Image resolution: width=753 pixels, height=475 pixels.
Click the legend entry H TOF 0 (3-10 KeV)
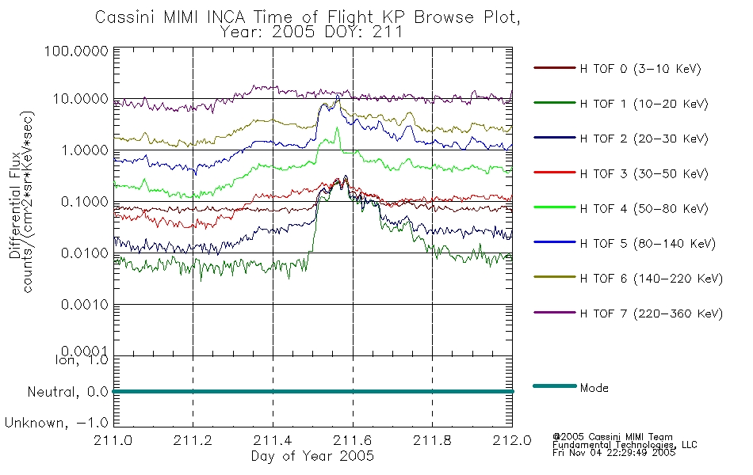click(640, 69)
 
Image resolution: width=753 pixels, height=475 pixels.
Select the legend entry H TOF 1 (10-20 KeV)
click(644, 104)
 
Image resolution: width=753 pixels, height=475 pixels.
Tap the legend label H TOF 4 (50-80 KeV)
click(644, 209)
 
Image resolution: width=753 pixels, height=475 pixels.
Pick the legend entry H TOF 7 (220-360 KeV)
click(652, 313)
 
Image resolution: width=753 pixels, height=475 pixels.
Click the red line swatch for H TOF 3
click(555, 173)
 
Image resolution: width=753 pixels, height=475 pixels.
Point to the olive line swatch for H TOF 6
click(555, 277)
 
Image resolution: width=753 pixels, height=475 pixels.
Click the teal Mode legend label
click(594, 388)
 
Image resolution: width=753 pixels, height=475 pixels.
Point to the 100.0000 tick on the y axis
click(76, 51)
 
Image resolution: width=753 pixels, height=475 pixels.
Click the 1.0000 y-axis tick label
click(85, 150)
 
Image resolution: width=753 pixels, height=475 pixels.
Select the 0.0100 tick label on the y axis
click(85, 253)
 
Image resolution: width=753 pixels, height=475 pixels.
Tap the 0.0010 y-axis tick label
click(85, 305)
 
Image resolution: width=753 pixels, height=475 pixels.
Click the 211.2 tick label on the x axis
click(193, 440)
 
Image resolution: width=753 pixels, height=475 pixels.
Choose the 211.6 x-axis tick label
click(353, 440)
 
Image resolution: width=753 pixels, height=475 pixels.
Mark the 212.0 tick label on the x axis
click(512, 440)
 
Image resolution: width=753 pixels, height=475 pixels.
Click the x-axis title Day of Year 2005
click(312, 456)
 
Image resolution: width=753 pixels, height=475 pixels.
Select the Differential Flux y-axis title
click(15, 206)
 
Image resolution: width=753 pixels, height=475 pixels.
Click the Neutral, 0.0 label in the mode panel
click(67, 393)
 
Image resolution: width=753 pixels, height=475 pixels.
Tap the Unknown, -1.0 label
click(56, 424)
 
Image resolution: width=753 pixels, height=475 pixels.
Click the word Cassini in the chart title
click(126, 17)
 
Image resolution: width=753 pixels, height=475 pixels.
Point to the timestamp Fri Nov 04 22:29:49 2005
click(613, 453)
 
